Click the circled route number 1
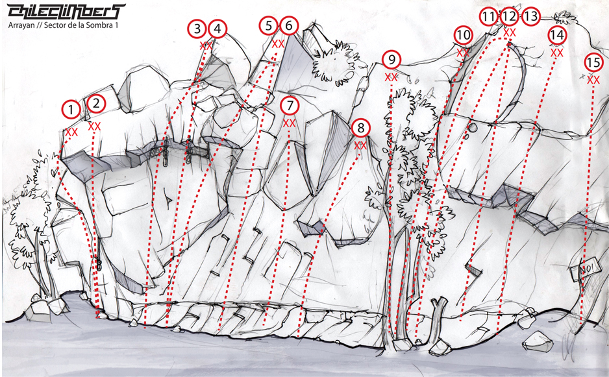click(x=71, y=110)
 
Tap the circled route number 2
click(x=96, y=104)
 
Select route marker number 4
click(x=217, y=29)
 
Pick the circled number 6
click(x=288, y=25)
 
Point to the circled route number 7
click(x=290, y=106)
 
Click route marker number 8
click(x=361, y=127)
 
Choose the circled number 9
click(x=391, y=60)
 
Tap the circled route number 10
click(x=463, y=35)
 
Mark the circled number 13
click(x=530, y=16)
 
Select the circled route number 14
click(x=557, y=35)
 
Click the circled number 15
click(x=593, y=62)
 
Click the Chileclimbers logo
click(x=66, y=12)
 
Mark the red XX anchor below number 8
click(x=361, y=145)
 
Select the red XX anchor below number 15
click(x=593, y=80)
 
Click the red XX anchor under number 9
click(x=391, y=77)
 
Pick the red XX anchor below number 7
click(x=289, y=123)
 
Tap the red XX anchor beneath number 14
click(x=557, y=53)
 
